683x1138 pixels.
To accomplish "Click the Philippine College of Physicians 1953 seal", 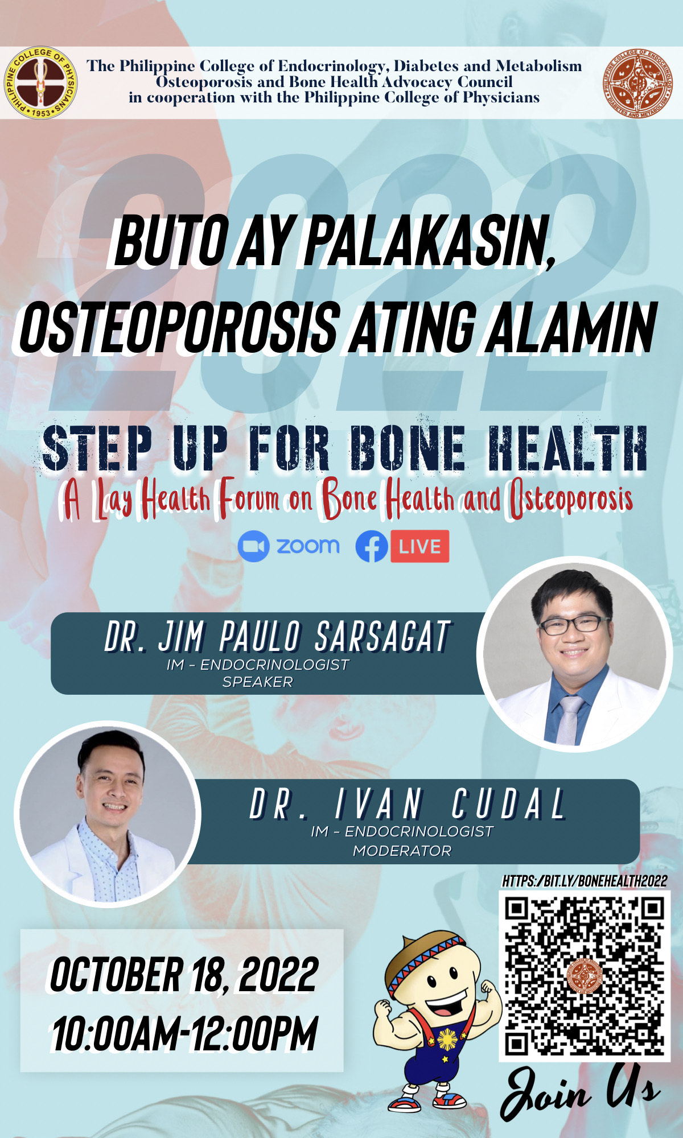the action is pos(41,83).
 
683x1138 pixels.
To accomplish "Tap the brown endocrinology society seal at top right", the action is pos(640,83).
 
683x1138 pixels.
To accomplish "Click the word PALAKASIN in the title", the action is pos(430,241).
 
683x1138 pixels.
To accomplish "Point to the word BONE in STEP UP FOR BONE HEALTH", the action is pos(407,450).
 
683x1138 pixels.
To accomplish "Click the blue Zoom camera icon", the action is pos(253,546).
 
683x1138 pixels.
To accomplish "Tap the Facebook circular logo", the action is pos(372,546).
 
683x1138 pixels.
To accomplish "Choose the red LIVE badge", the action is pos(420,546).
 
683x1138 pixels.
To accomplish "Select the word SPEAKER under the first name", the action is pos(257,682).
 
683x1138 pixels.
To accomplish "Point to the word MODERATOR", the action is pos(402,851).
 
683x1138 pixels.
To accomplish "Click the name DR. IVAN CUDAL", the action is pos(408,803).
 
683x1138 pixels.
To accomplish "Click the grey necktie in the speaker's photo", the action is pos(570,718).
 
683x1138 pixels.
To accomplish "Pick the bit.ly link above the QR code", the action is pos(585,881).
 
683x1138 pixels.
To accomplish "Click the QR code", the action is pos(585,976).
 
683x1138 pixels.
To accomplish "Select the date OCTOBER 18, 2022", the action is pos(184,974).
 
